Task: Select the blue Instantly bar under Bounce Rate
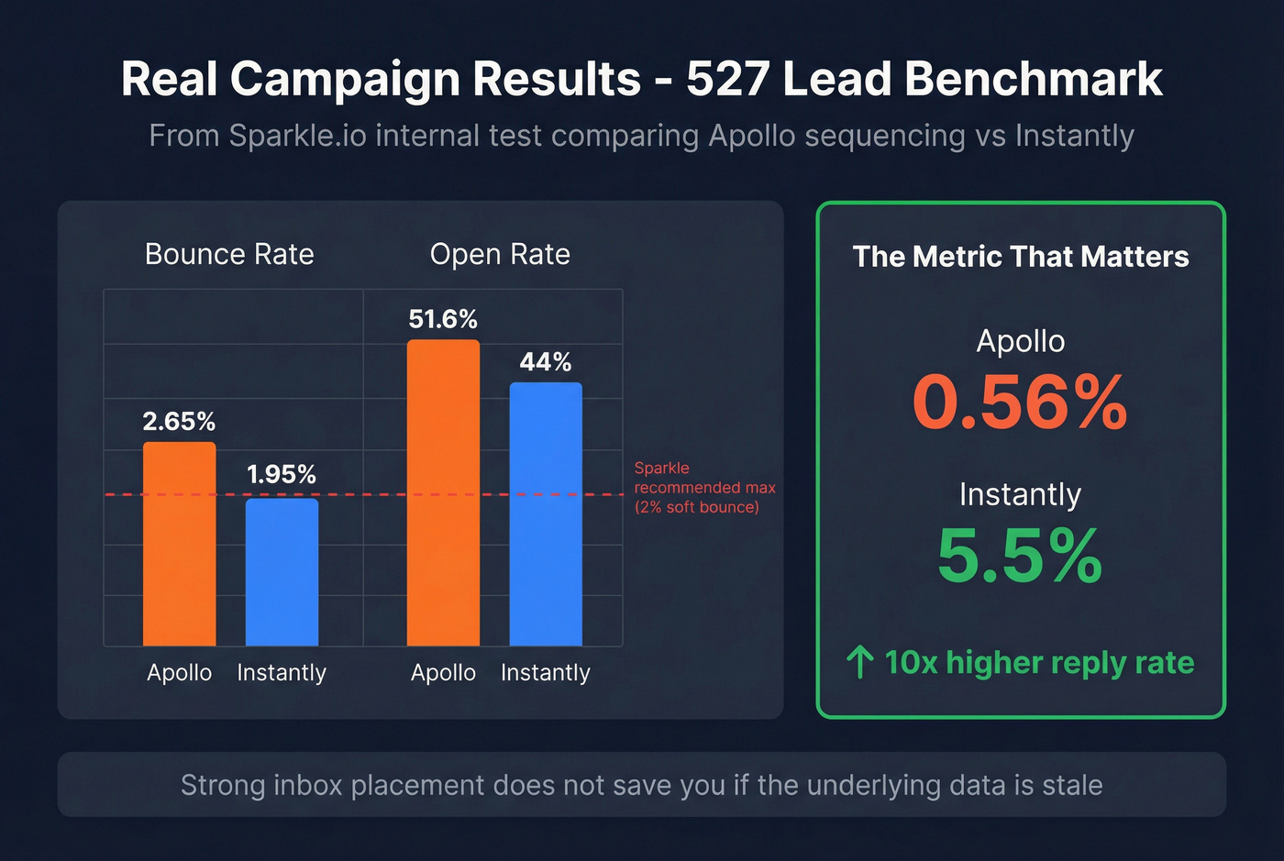pos(282,572)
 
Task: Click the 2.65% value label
pos(179,421)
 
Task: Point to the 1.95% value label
pos(282,474)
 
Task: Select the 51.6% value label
pos(443,319)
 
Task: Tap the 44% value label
pos(546,362)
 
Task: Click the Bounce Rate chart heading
pos(229,254)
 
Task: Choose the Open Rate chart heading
pos(500,254)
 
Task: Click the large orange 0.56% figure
pos(1020,403)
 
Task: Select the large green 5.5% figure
pos(1020,556)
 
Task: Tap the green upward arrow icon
pos(859,662)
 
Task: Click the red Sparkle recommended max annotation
pos(704,488)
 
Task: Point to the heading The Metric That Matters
pos(1020,257)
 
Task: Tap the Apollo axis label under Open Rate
pos(443,672)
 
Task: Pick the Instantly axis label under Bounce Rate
pos(282,672)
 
